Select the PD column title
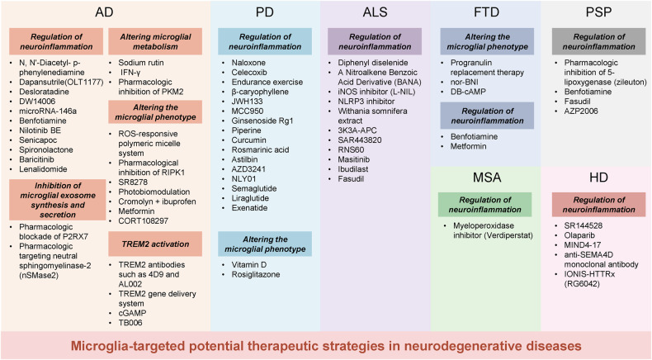coord(264,14)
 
